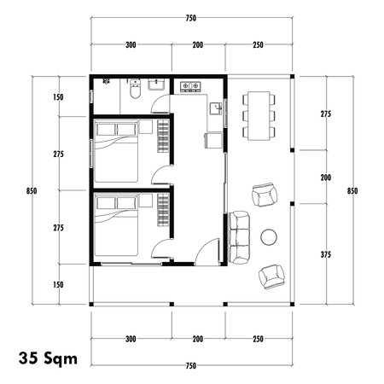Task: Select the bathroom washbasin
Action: coord(156,84)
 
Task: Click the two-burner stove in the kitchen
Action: coord(189,86)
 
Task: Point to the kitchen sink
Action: coord(217,108)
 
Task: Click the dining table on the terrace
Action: coord(259,114)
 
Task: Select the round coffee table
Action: coord(271,236)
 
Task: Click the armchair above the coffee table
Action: coord(265,195)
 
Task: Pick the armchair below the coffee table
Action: coord(272,276)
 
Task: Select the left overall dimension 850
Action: coord(31,189)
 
